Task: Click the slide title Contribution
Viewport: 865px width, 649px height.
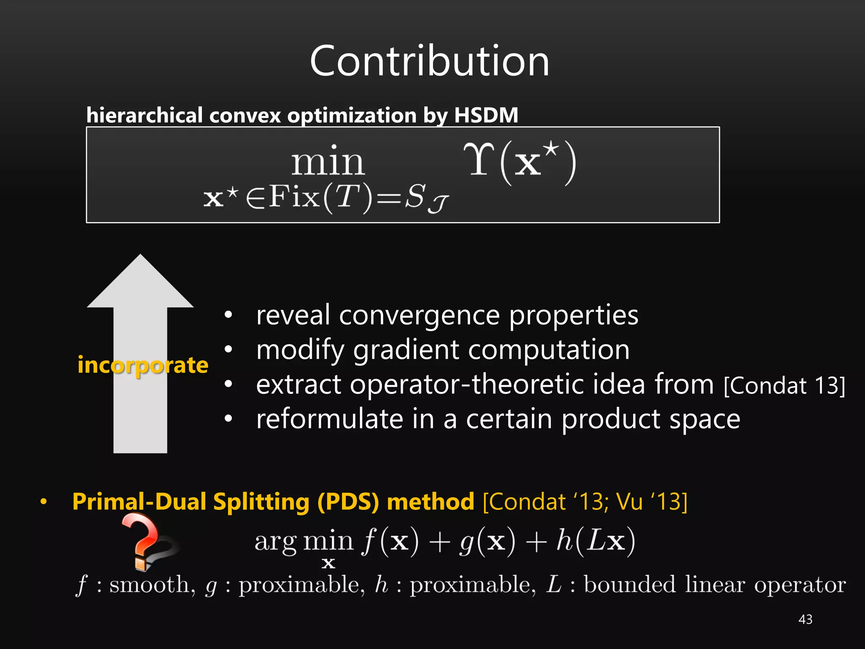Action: pos(430,61)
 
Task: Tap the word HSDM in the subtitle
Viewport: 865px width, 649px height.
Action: pos(486,115)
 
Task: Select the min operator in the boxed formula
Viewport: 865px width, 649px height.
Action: pos(328,163)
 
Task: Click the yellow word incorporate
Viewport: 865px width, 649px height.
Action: pos(143,365)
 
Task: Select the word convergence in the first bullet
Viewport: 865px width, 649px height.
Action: pos(419,315)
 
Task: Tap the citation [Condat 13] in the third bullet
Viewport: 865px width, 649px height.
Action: pos(784,385)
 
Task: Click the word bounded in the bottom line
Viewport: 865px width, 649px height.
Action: pos(630,585)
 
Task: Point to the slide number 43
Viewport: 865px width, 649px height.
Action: pos(805,619)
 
